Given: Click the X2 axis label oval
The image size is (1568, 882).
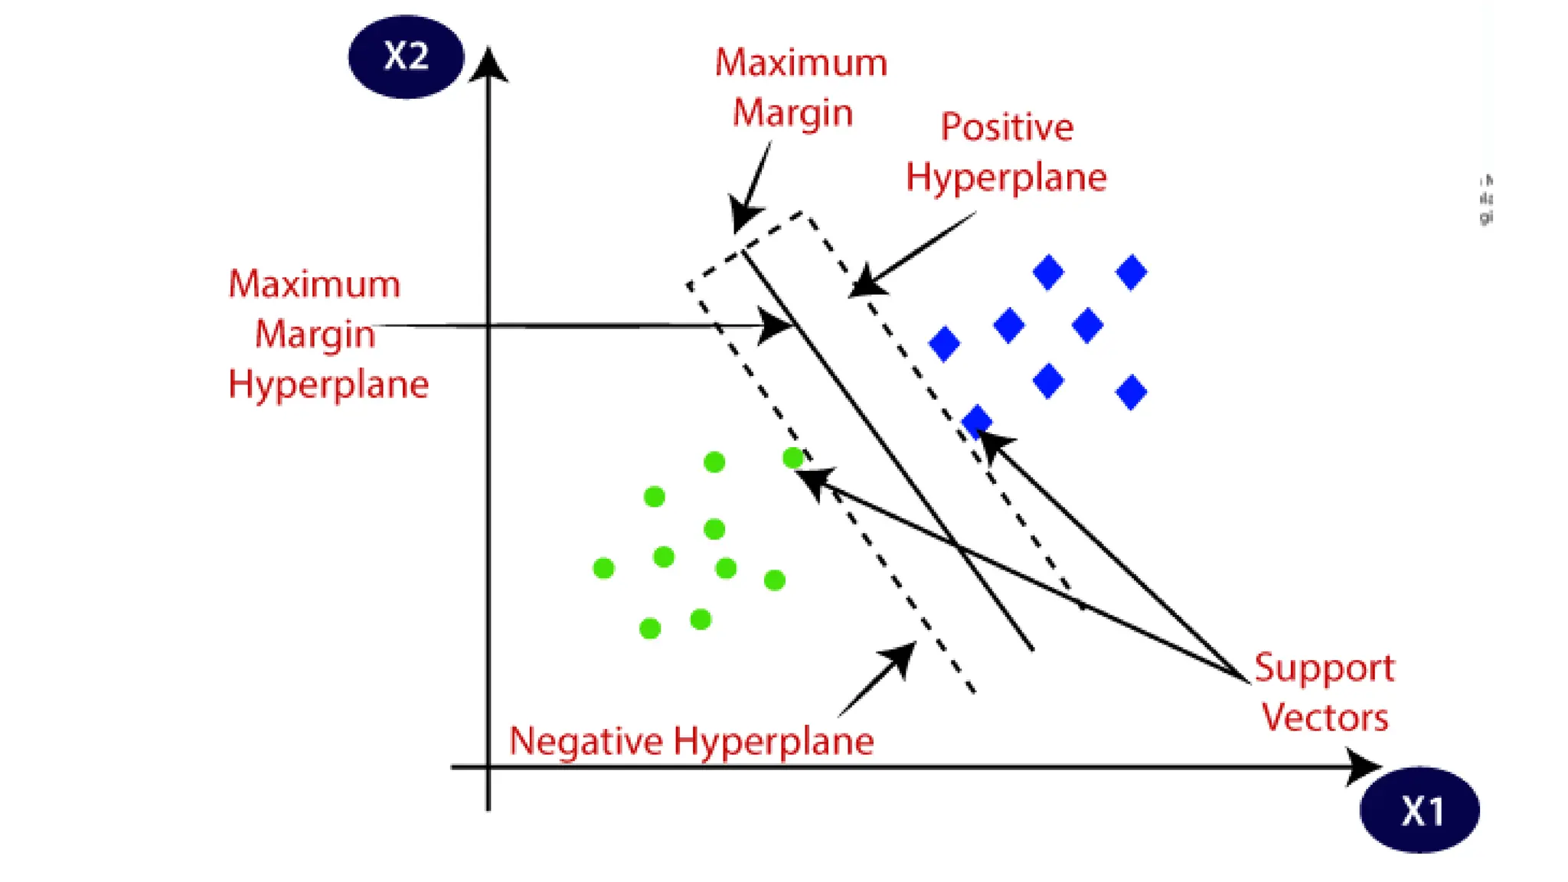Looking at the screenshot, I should (406, 57).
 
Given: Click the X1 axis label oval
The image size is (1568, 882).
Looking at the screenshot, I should (1419, 809).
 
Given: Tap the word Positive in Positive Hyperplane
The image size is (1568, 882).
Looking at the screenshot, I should (1006, 127).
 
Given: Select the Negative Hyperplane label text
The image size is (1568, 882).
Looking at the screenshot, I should (691, 741).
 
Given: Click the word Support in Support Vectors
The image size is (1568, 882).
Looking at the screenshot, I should (1324, 668).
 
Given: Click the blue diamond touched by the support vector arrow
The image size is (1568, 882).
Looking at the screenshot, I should (976, 420).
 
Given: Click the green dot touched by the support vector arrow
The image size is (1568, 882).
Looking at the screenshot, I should (793, 458).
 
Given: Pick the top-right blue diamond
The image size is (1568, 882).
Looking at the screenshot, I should (1131, 272).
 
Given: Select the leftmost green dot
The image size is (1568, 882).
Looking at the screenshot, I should (603, 568).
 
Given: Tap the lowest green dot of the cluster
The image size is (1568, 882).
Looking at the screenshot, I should (650, 629).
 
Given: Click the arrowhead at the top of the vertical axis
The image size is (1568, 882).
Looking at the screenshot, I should (488, 64).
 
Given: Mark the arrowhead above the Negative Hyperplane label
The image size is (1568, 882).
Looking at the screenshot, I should (900, 656).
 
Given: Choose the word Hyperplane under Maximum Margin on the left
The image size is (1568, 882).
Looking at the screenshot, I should (328, 384).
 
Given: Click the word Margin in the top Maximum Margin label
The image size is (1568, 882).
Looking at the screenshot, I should (792, 113).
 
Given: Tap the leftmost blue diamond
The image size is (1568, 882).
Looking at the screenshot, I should (944, 343).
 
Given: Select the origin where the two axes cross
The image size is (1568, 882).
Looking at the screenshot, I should (488, 766).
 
